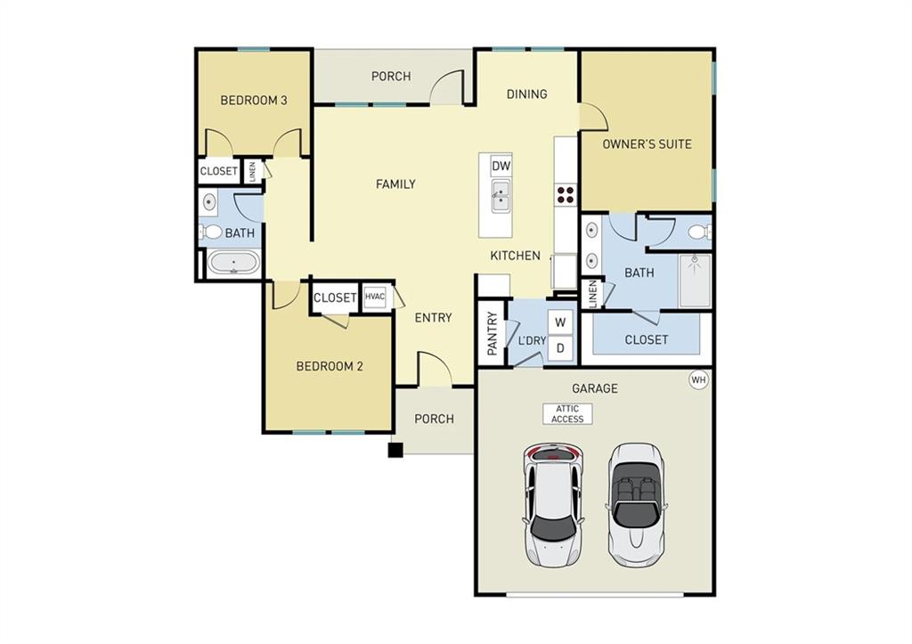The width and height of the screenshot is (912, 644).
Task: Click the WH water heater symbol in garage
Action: click(698, 380)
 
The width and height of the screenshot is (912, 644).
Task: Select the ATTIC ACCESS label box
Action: click(567, 414)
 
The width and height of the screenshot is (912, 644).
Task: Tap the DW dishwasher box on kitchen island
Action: click(501, 166)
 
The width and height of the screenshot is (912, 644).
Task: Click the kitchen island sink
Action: click(501, 195)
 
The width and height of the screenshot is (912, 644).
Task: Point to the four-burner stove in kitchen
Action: click(566, 194)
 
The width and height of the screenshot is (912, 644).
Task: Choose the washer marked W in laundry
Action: click(560, 322)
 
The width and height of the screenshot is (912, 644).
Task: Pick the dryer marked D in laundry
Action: click(560, 348)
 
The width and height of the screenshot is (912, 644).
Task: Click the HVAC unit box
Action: click(374, 298)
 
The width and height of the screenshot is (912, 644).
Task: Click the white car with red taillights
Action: click(553, 505)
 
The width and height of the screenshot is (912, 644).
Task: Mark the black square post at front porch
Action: click(395, 450)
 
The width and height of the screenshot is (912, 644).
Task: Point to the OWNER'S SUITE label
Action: click(647, 143)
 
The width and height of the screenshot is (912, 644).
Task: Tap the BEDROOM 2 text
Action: click(330, 365)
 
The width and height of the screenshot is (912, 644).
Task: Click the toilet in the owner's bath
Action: click(698, 233)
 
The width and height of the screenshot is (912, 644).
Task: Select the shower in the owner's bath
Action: click(695, 281)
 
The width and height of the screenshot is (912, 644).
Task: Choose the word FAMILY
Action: click(395, 184)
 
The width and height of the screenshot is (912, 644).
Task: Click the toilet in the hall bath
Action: click(211, 232)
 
